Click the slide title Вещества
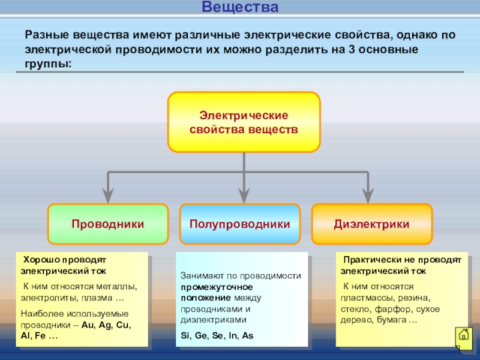pyautogui.click(x=240, y=8)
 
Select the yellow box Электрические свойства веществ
pyautogui.click(x=244, y=122)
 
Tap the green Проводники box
pyautogui.click(x=108, y=224)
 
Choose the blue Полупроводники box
pyautogui.click(x=240, y=224)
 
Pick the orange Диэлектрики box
pyautogui.click(x=372, y=224)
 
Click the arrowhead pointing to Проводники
pyautogui.click(x=108, y=194)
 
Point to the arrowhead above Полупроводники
pyautogui.click(x=244, y=194)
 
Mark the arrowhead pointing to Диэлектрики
pyautogui.click(x=368, y=194)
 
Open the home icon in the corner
pyautogui.click(x=463, y=335)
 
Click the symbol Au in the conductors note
pyautogui.click(x=88, y=325)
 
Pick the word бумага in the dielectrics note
pyautogui.click(x=390, y=320)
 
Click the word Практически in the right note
pyautogui.click(x=369, y=260)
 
